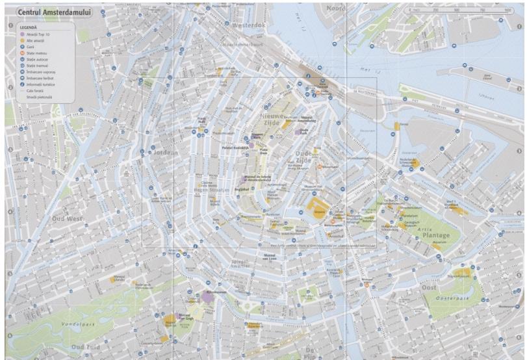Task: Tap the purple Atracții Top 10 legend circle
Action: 21,34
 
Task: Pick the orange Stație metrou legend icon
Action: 21,54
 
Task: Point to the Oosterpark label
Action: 450,298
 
